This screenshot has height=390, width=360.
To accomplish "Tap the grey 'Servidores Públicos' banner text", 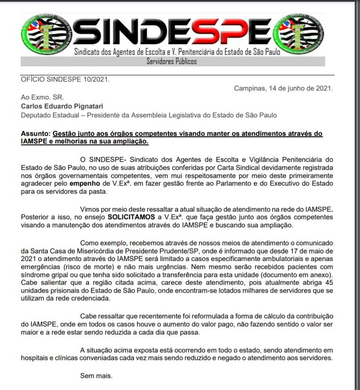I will pos(171,61).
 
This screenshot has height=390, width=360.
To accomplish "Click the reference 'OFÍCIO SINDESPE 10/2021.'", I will pos(65,80).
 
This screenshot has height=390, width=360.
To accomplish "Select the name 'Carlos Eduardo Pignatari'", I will pos(62,106).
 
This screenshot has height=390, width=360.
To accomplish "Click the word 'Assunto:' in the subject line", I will pos(36,134).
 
